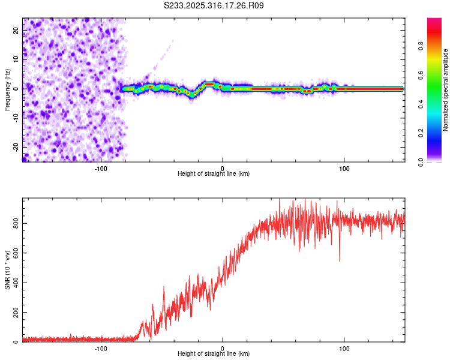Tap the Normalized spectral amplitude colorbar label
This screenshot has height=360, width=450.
pos(445,90)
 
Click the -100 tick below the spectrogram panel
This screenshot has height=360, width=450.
pos(101,169)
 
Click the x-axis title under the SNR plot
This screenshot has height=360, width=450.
pos(214,355)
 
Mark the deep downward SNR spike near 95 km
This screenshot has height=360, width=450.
pos(340,260)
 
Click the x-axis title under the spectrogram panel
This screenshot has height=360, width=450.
pos(214,174)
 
